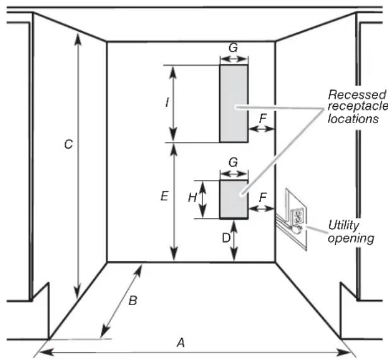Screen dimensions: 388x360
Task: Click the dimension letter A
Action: pos(181,343)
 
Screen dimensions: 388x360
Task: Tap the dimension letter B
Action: pos(133,300)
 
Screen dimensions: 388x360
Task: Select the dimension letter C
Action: pos(69,144)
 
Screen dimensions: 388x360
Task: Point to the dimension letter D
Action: pos(226,238)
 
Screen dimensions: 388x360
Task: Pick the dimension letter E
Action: pos(165,196)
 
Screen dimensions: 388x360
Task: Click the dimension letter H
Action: pos(192,198)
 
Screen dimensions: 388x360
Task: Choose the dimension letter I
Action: pos(167,102)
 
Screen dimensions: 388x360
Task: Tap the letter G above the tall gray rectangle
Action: pos(233,47)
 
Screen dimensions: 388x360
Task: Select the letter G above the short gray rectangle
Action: pos(233,162)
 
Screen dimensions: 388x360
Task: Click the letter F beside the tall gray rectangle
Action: pos(263,118)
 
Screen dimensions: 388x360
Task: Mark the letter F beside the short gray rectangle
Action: pos(263,198)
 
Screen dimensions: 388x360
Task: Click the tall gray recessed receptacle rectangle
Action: pos(234,104)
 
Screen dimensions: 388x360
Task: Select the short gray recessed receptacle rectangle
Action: pos(234,200)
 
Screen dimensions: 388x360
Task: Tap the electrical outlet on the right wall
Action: pos(297,217)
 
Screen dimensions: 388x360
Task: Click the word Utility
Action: pos(343,225)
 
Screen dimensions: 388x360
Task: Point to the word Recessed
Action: pos(357,94)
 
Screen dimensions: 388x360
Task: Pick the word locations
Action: pos(353,119)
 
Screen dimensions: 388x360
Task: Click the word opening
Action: pos(351,238)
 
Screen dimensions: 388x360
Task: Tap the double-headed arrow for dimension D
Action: pos(234,241)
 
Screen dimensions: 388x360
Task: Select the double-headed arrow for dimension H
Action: pos(203,200)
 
